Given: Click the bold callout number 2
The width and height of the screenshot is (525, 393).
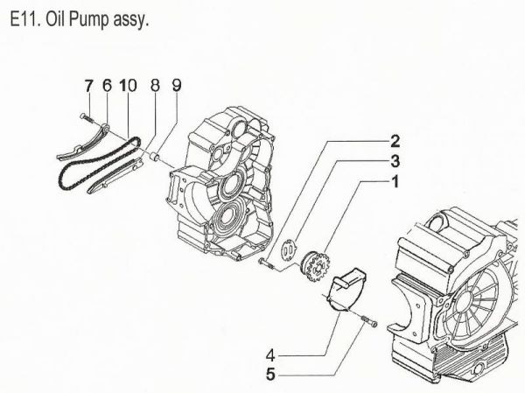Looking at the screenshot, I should [395, 141].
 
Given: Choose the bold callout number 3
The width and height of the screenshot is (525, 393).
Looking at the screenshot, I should [395, 161].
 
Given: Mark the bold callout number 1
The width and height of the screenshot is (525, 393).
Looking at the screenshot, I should [395, 182].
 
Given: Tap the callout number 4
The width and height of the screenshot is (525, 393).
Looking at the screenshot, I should [272, 355].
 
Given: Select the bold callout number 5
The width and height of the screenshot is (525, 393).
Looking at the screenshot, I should [272, 376].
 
